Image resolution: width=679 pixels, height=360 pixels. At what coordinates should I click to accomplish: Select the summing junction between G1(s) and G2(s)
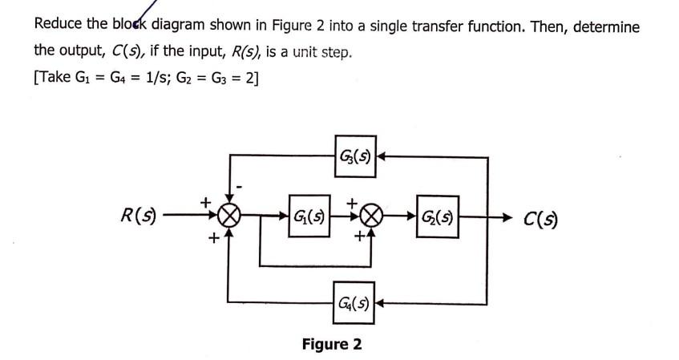coord(370,216)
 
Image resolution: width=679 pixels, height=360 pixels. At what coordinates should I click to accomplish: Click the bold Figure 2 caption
coord(331,345)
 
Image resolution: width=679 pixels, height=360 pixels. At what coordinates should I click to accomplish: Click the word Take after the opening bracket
coord(56,79)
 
